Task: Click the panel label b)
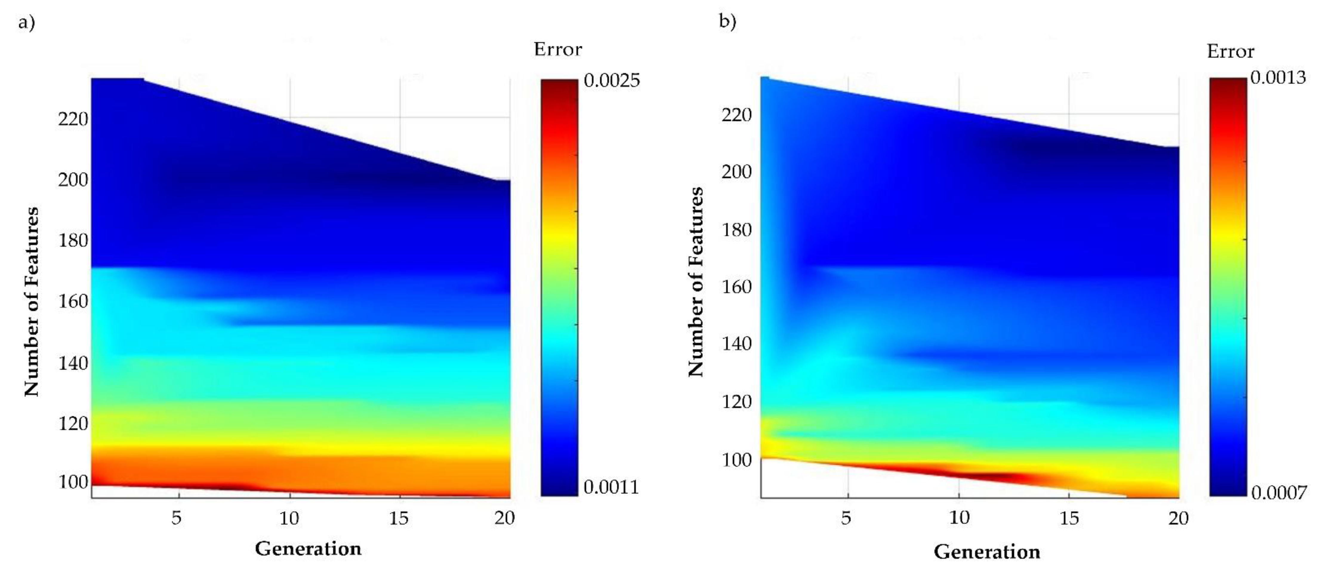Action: pos(727,22)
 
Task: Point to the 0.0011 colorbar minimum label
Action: pos(611,486)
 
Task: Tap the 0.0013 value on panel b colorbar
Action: pos(1278,78)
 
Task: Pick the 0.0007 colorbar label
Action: pos(1278,493)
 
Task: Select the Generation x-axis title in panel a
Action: pos(308,549)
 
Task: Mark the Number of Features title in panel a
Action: pos(32,302)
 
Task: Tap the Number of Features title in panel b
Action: pos(696,282)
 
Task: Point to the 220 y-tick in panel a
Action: pos(73,119)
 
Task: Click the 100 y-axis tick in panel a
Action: pos(73,482)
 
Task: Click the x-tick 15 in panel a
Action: pos(399,518)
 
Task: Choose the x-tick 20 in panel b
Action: pos(1178,518)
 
